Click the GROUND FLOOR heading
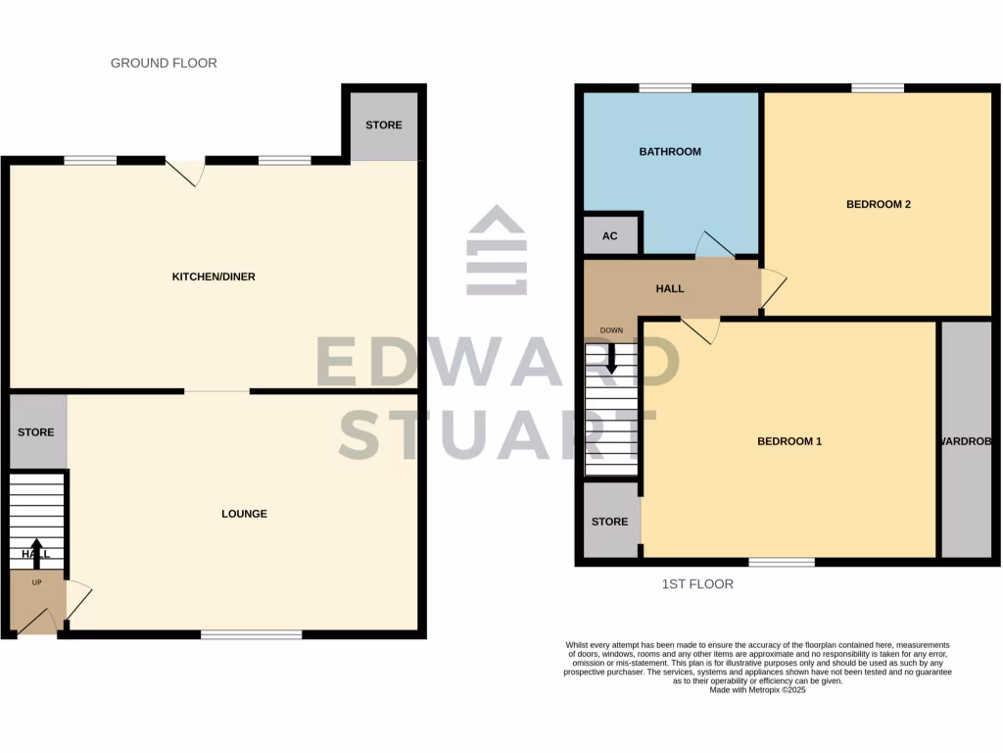pos(164,63)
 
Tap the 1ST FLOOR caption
pos(697,584)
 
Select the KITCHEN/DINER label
pos(214,277)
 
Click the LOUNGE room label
pos(244,514)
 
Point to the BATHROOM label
pos(670,152)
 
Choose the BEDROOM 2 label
pos(879,205)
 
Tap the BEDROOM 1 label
pos(789,442)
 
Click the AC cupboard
pos(610,236)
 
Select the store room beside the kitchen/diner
pos(384,125)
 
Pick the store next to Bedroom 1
pos(609,522)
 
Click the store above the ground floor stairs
pos(36,432)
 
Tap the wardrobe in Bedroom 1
pos(966,441)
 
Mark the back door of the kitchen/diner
pos(187,171)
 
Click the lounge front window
pos(252,635)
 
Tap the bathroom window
pos(665,88)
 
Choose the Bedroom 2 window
pos(877,88)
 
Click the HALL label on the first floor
pos(670,289)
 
